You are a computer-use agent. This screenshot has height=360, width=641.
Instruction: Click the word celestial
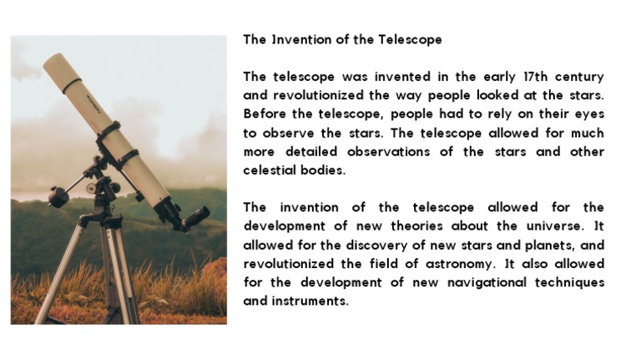point(271,170)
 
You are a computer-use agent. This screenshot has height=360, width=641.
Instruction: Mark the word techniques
point(570,283)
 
